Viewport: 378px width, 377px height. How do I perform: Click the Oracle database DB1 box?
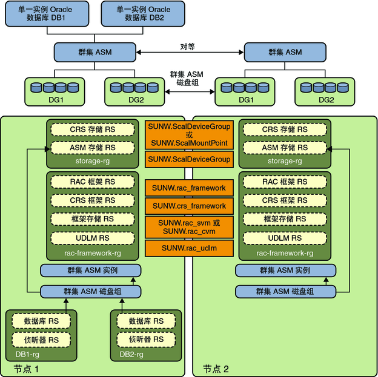tap(47, 14)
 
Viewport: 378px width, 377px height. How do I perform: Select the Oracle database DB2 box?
tap(143, 14)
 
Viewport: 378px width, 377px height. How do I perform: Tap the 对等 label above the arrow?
tap(187, 47)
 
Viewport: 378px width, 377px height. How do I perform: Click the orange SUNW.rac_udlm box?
tap(189, 248)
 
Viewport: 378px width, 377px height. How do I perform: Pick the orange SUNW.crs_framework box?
tap(189, 206)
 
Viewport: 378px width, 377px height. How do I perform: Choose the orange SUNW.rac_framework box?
tap(189, 188)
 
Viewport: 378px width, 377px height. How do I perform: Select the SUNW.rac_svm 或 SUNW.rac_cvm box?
tap(189, 227)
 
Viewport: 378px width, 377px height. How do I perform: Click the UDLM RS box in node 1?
tap(93, 238)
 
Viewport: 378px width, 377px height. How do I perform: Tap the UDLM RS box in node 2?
tap(285, 238)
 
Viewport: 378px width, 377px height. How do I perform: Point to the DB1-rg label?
tap(27, 355)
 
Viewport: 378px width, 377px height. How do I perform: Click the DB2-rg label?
tap(131, 355)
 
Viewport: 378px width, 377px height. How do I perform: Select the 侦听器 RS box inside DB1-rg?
tap(41, 340)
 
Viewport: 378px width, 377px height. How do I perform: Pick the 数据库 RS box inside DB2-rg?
tap(146, 321)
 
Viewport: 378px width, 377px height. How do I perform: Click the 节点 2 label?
tap(216, 369)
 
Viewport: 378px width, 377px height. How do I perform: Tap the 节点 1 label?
tap(26, 369)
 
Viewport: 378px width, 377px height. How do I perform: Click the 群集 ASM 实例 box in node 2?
tap(286, 270)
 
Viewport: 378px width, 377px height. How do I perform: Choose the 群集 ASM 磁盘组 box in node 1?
tap(91, 292)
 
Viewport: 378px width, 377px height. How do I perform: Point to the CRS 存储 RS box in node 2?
tap(285, 129)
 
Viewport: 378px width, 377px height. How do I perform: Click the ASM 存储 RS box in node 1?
tap(93, 148)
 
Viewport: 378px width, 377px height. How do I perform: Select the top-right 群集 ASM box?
tap(285, 52)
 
